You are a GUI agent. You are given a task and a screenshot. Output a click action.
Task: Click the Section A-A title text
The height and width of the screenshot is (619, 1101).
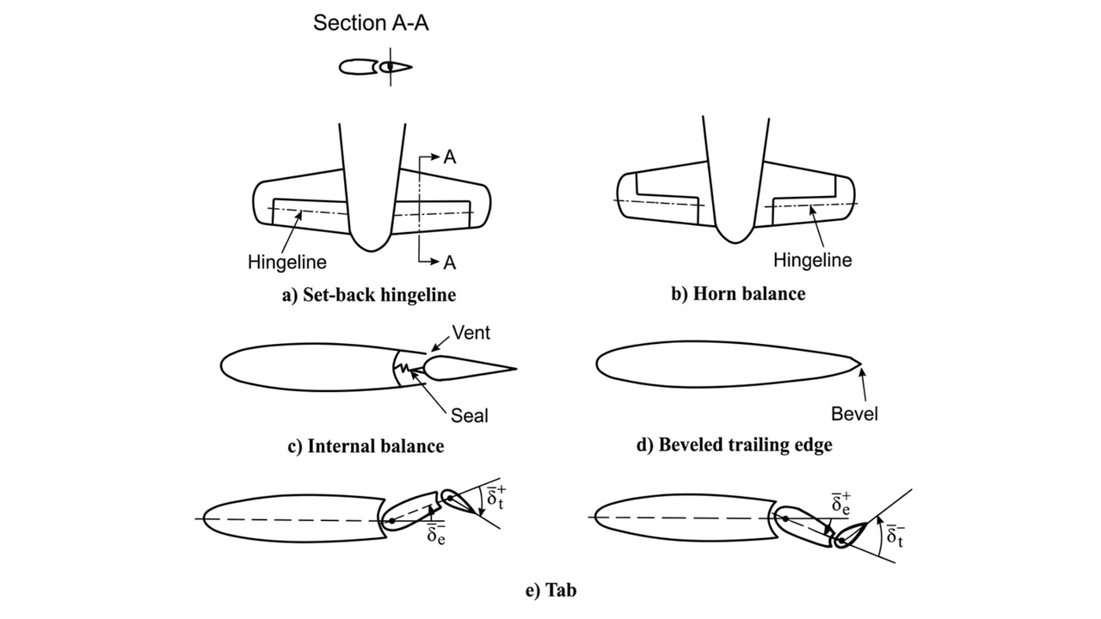pos(371,23)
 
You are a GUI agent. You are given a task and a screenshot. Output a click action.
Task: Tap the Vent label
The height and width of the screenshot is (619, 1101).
pos(471,332)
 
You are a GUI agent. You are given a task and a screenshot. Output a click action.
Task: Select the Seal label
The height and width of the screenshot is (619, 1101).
pos(470,415)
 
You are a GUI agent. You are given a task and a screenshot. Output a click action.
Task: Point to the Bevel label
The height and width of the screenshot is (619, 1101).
pos(854,414)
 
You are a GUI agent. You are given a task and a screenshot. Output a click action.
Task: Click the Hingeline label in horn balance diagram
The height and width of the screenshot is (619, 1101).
pos(813,260)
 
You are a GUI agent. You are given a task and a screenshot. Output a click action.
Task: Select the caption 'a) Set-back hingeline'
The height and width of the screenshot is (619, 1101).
pos(369,295)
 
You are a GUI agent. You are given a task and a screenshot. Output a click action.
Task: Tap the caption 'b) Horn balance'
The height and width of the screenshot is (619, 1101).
pos(738,294)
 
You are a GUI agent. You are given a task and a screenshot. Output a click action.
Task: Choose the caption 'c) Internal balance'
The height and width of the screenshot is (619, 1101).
pos(366,446)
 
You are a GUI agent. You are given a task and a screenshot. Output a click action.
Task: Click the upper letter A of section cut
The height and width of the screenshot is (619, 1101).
pos(450,157)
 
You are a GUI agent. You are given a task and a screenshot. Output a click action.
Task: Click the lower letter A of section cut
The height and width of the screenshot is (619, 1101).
pos(450,261)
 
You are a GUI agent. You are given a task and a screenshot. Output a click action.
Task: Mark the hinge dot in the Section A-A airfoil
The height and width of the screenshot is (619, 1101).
pos(390,66)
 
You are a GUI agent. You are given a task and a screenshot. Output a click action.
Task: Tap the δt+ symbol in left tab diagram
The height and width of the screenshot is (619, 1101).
pos(496,499)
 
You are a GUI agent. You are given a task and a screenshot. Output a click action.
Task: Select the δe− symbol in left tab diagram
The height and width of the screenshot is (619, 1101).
pos(437,535)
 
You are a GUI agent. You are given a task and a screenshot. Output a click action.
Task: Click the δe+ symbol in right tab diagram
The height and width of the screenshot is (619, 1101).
pos(840,505)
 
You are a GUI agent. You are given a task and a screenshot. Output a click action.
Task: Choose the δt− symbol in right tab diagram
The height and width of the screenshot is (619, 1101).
pos(895,536)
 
